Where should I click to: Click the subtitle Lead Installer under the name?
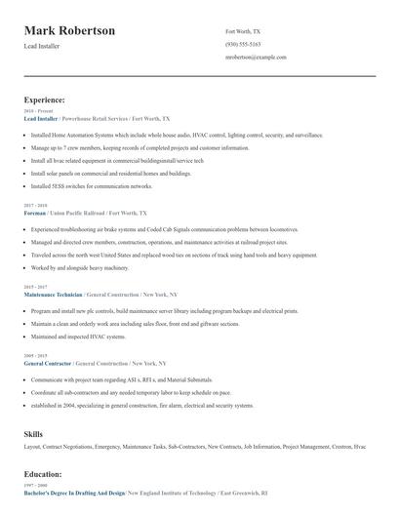(x=44, y=47)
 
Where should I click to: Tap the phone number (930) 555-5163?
(x=243, y=44)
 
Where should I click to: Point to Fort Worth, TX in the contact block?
(x=243, y=31)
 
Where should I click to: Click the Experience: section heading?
(x=44, y=99)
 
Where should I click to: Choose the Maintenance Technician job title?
(x=53, y=294)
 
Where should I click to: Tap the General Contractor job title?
(x=48, y=363)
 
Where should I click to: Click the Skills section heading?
(x=33, y=431)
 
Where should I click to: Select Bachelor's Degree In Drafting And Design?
(x=74, y=493)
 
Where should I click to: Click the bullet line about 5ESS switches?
(x=92, y=185)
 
